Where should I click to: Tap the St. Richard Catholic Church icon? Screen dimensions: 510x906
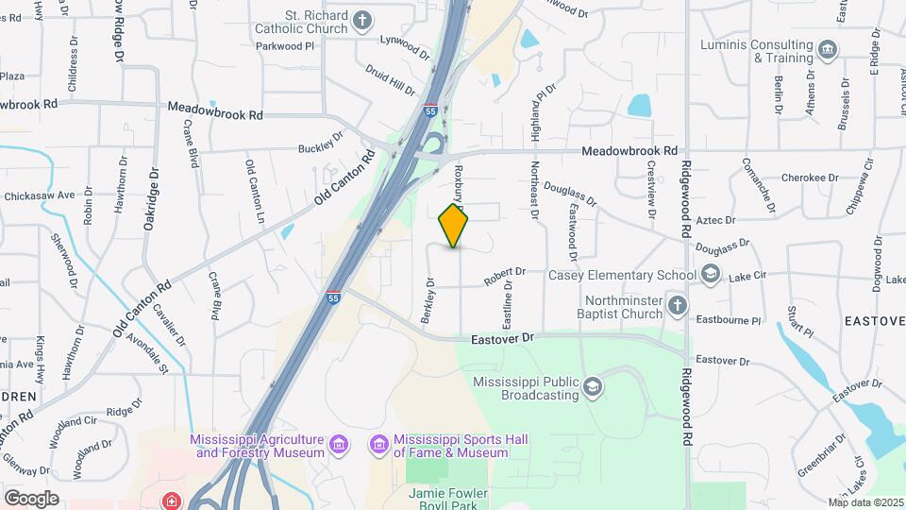pos(362,20)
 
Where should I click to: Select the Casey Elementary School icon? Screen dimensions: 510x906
pos(711,275)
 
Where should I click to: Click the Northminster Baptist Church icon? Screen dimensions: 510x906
pos(676,305)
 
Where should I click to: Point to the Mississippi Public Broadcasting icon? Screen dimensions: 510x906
pos(592,386)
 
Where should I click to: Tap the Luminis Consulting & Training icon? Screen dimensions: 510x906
pos(828,50)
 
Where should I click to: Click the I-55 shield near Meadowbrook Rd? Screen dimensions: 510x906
pos(429,110)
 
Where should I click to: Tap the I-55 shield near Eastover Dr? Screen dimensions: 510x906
pos(334,297)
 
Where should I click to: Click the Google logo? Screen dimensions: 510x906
pos(31,498)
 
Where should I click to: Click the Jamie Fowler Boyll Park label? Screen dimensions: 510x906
pos(448,498)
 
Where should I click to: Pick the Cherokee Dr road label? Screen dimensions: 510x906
pos(810,178)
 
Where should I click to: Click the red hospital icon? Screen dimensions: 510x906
pos(172,500)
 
